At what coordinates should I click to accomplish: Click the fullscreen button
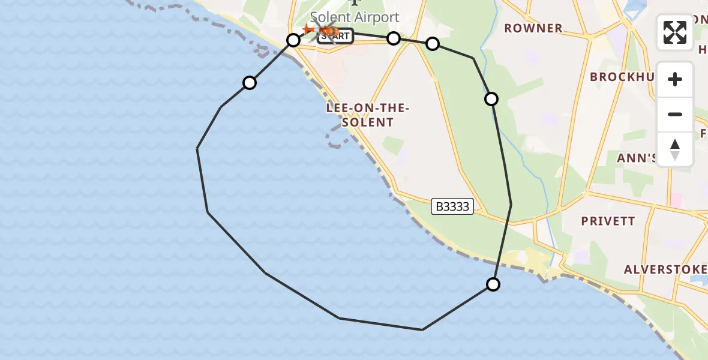pyautogui.click(x=675, y=32)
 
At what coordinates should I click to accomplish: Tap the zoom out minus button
pyautogui.click(x=675, y=115)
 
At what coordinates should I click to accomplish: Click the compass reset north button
pyautogui.click(x=675, y=149)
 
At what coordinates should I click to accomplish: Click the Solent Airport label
pyautogui.click(x=355, y=17)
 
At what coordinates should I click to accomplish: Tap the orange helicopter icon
pyautogui.click(x=328, y=31)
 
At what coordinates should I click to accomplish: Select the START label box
pyautogui.click(x=335, y=37)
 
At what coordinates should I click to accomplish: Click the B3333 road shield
pyautogui.click(x=452, y=207)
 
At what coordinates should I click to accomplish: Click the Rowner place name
pyautogui.click(x=533, y=28)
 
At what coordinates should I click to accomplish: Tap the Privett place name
pyautogui.click(x=608, y=221)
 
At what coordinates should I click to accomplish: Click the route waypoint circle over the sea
pyautogui.click(x=250, y=83)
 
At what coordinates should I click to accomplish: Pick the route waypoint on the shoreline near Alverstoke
pyautogui.click(x=493, y=284)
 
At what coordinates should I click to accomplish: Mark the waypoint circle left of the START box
pyautogui.click(x=293, y=40)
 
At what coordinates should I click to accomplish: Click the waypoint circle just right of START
pyautogui.click(x=393, y=38)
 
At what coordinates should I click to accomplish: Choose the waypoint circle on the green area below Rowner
pyautogui.click(x=491, y=99)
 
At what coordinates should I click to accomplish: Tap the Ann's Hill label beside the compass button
pyautogui.click(x=637, y=158)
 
